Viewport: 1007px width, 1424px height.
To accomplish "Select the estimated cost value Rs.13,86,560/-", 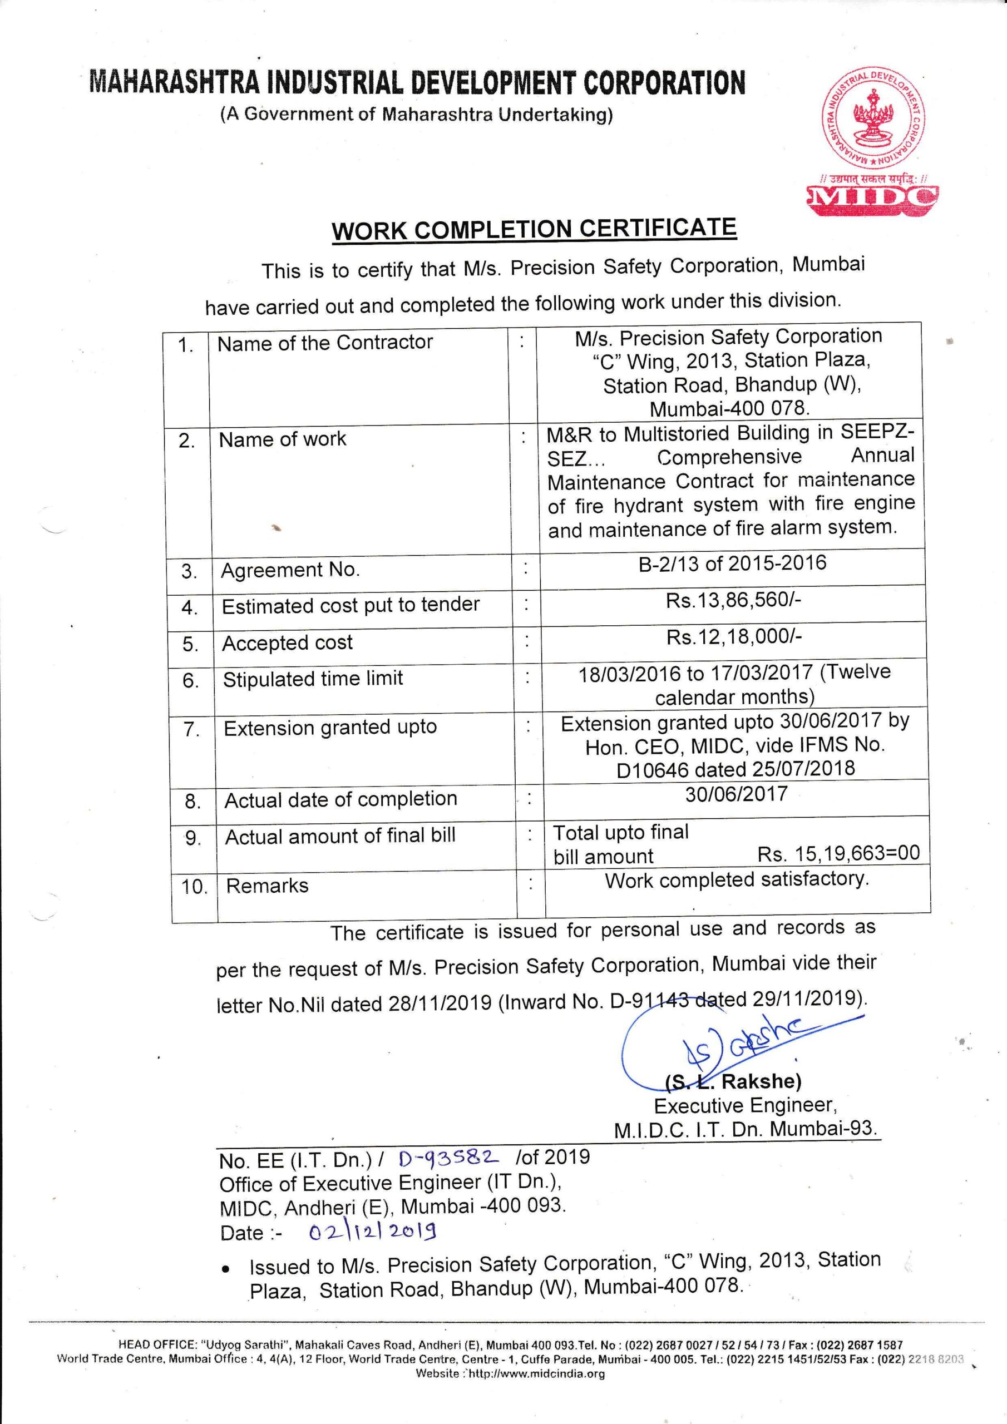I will click(x=733, y=600).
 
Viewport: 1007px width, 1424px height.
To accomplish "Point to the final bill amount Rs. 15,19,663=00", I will click(x=838, y=853).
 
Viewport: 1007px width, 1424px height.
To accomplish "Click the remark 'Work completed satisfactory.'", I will click(x=737, y=879).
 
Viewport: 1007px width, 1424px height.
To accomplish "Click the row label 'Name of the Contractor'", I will click(x=324, y=342).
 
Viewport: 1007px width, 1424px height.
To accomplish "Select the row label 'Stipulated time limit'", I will click(x=313, y=679).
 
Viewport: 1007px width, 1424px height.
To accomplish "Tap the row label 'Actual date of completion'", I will click(x=340, y=799).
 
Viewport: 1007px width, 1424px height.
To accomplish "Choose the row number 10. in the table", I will click(x=194, y=887).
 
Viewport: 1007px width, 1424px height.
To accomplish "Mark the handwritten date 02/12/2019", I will click(x=372, y=1230).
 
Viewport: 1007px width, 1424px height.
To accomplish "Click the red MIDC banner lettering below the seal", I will click(x=871, y=199).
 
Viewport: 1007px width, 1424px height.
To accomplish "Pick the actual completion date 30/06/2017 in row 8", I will click(x=736, y=794).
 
